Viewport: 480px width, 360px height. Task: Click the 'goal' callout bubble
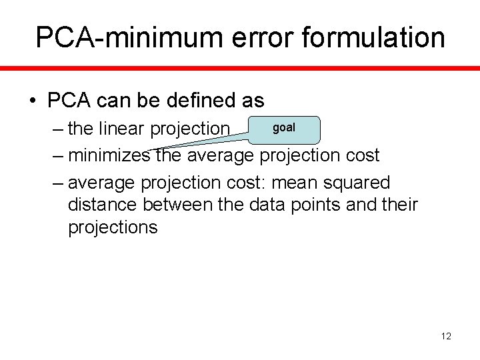(285, 128)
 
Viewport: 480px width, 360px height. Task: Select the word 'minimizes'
(111, 155)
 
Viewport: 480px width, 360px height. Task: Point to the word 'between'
(188, 205)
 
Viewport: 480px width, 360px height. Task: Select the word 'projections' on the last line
(113, 228)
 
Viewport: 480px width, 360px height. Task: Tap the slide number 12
(446, 336)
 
